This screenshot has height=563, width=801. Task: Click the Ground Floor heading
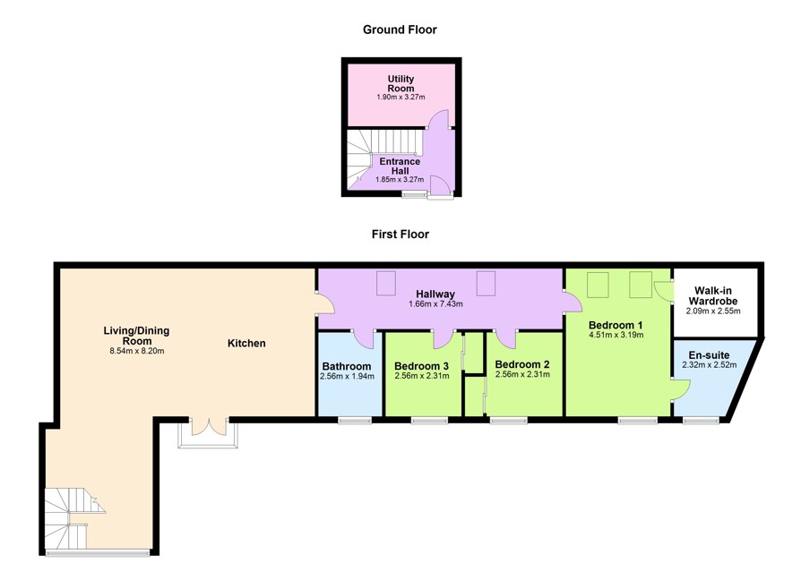400,30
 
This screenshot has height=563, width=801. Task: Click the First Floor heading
400,235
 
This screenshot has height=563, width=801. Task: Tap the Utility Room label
400,83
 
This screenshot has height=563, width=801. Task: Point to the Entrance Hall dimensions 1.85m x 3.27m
400,180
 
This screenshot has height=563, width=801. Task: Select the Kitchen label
246,344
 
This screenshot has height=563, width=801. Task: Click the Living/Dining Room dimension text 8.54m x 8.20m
137,351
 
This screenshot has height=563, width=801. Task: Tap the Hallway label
435,294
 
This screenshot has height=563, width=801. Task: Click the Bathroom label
347,366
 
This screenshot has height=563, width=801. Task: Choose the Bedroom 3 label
421,366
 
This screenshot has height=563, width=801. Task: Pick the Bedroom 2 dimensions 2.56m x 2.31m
522,374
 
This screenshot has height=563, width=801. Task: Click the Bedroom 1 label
616,325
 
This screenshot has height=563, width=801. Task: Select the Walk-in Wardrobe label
713,295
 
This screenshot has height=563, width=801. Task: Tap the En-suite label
709,355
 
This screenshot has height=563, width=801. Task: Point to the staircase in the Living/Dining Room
71,518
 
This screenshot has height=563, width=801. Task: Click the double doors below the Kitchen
210,428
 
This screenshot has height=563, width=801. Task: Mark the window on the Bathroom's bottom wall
355,421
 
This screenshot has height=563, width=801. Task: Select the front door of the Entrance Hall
440,186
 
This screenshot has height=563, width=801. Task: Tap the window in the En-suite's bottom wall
702,421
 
